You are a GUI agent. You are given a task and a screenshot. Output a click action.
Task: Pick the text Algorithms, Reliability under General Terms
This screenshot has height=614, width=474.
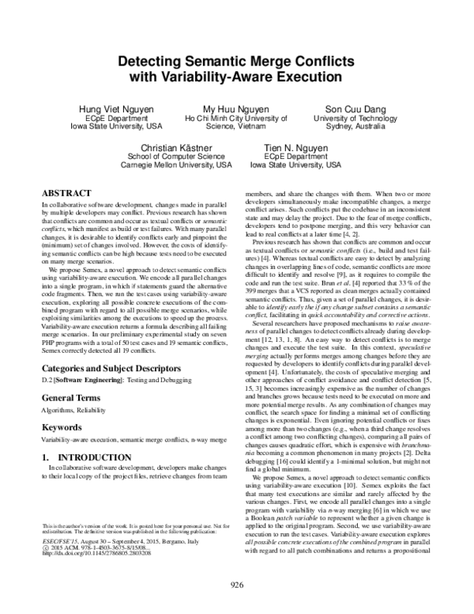click(x=77, y=411)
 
